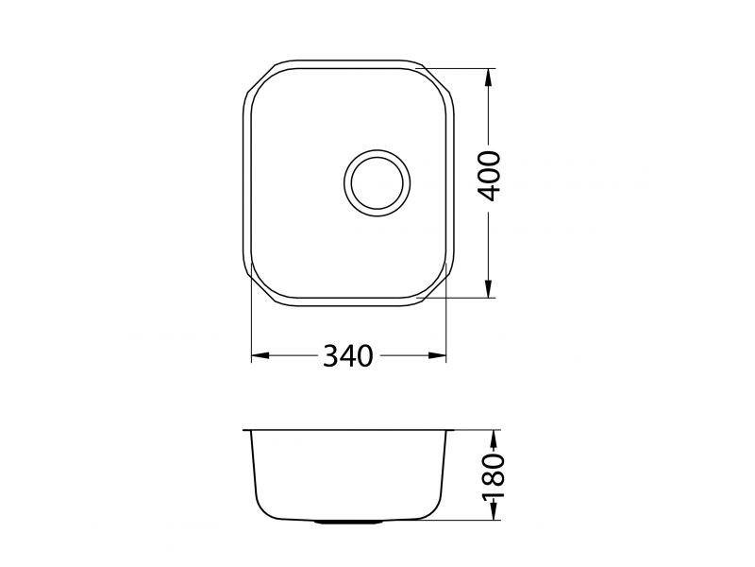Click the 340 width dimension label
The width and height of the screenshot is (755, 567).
coord(347,356)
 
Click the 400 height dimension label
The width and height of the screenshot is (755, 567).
coord(489,176)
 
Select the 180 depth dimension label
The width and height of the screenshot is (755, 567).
coord(493,475)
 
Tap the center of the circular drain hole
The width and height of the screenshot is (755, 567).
coord(377,182)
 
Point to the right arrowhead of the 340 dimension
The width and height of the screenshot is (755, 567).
coord(437,356)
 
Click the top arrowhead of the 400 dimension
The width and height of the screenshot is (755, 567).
coord(489,77)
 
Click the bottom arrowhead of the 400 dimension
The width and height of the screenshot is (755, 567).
coord(489,289)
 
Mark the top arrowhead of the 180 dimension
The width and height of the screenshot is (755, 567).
coord(493,438)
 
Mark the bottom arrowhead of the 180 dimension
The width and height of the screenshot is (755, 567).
coord(493,511)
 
